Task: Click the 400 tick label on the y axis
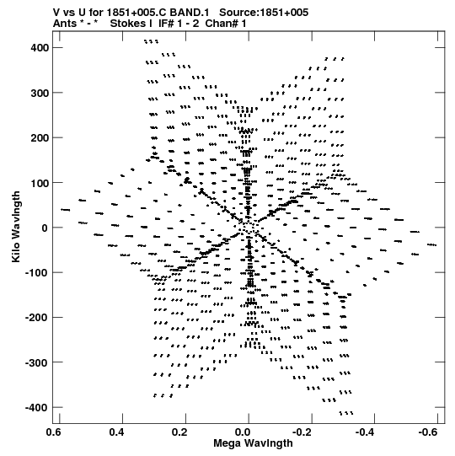[x=40, y=48]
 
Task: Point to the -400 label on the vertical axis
[x=37, y=408]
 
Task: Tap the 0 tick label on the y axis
[x=45, y=228]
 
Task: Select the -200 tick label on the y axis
[x=37, y=318]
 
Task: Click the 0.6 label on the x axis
[x=53, y=432]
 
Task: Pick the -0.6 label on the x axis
[x=428, y=432]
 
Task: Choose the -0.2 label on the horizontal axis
[x=302, y=432]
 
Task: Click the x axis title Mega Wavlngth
[x=253, y=443]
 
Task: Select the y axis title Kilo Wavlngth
[x=16, y=227]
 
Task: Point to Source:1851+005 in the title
[x=264, y=13]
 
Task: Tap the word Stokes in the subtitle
[x=131, y=24]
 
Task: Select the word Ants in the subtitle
[x=65, y=24]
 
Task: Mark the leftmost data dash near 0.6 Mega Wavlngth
[x=66, y=210]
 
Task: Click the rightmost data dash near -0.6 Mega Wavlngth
[x=431, y=245]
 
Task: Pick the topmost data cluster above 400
[x=152, y=41]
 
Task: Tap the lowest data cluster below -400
[x=346, y=413]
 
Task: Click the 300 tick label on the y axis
[x=40, y=93]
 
